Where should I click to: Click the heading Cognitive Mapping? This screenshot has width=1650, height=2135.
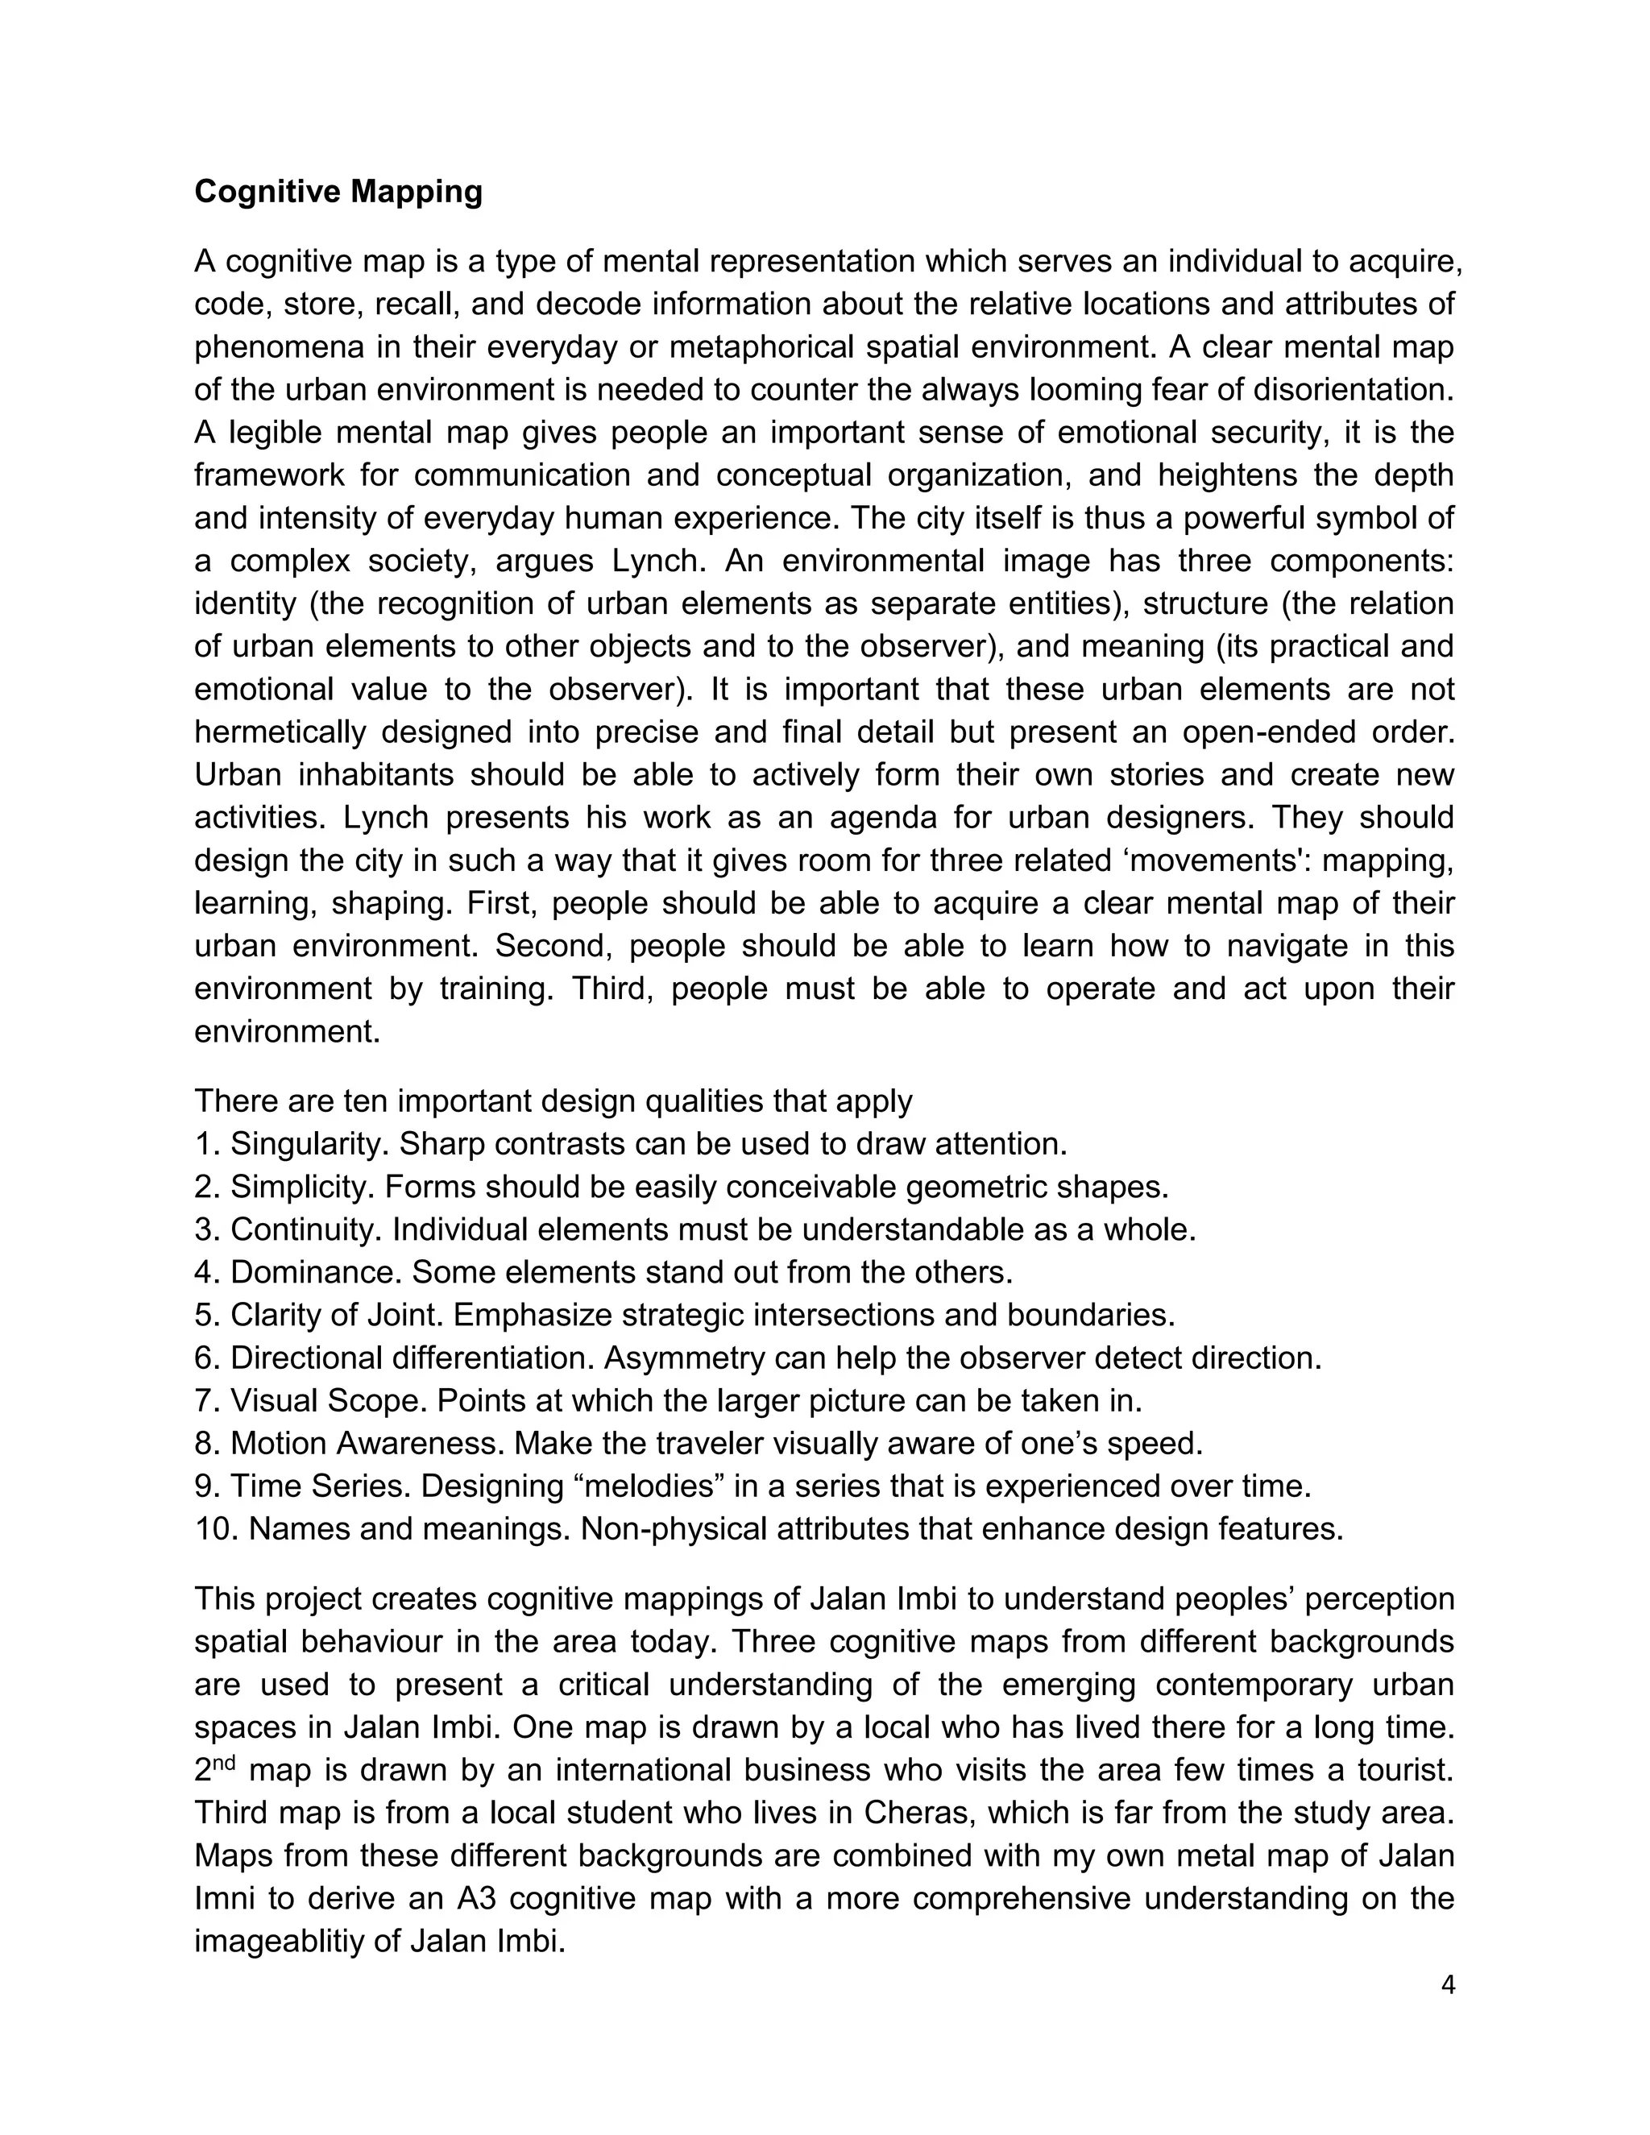coord(338,192)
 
